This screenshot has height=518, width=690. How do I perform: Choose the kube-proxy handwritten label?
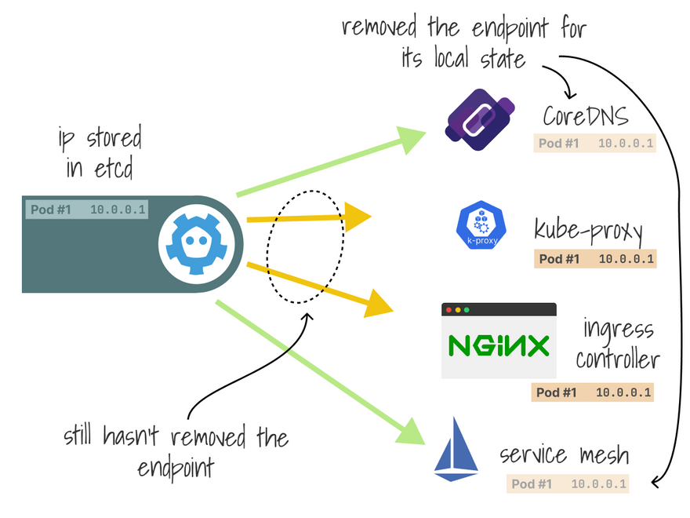(x=589, y=230)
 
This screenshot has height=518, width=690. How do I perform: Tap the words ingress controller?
(x=617, y=343)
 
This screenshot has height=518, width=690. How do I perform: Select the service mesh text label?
(x=565, y=455)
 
